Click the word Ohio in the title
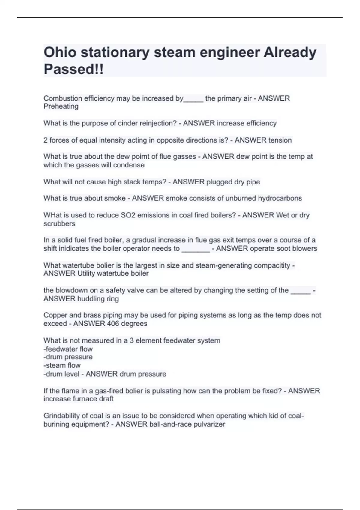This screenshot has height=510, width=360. pos(60,53)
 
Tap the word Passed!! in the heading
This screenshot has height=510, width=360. pos(74,69)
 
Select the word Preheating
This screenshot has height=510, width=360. pos(61,106)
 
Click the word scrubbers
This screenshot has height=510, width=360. pos(59,224)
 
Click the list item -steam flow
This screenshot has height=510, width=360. pos(62,365)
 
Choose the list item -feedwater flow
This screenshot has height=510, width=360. pos(68,349)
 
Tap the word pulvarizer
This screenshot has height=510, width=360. pos(209,424)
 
